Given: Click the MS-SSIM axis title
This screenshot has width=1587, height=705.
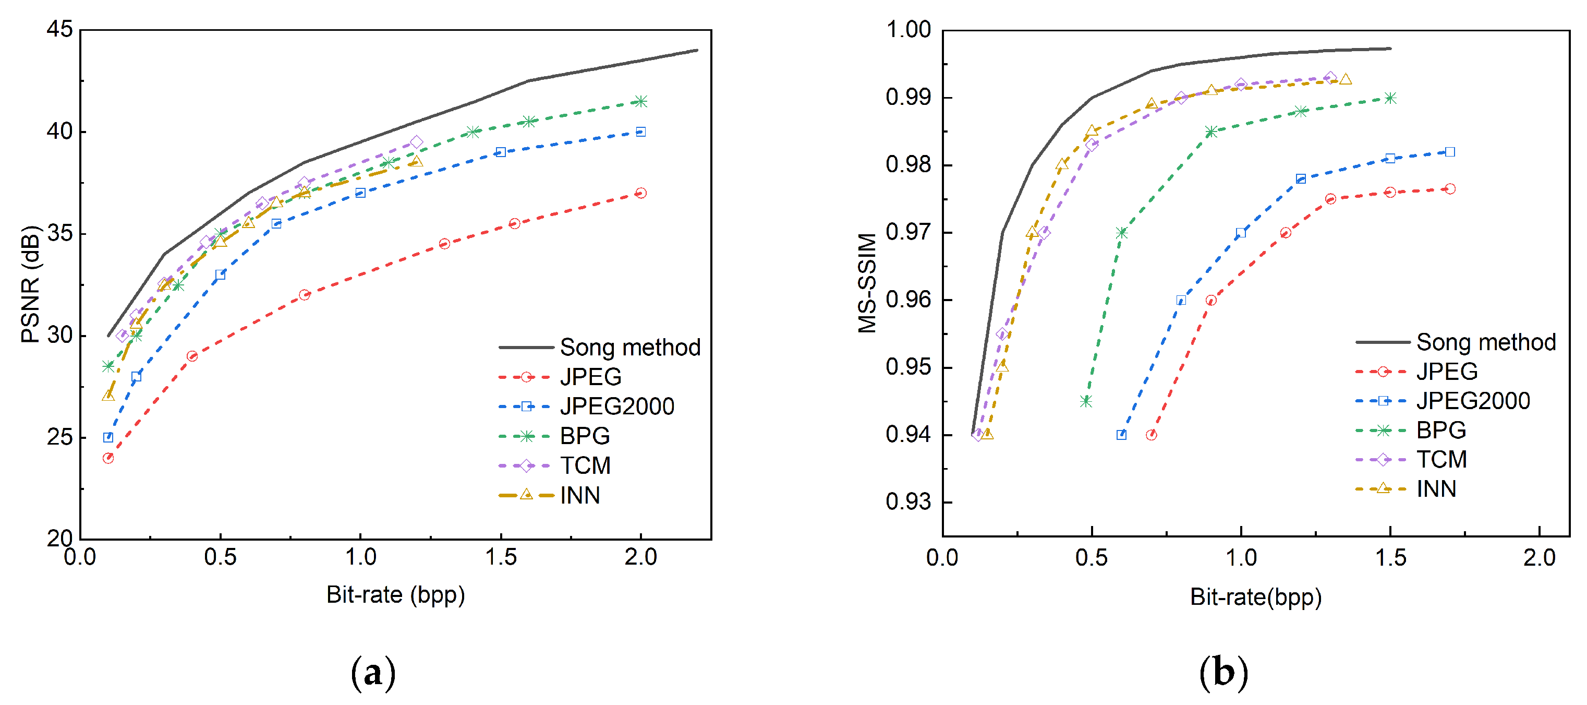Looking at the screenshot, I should [x=867, y=283].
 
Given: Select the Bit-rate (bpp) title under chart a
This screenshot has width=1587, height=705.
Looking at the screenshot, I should [x=395, y=595].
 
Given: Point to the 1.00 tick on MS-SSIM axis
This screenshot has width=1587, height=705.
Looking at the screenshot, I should [x=908, y=29].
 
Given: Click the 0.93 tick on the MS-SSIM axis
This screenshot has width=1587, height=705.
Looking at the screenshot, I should [x=908, y=502].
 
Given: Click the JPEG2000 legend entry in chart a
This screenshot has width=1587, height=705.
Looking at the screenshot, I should [x=616, y=406].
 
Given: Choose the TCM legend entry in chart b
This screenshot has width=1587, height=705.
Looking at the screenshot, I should [x=1441, y=459].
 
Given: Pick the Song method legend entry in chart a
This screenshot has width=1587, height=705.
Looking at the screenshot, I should [x=629, y=348].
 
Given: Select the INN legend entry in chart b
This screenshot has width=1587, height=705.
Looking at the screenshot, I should [x=1435, y=488].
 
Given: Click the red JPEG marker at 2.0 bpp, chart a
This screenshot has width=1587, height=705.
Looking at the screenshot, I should [x=641, y=193].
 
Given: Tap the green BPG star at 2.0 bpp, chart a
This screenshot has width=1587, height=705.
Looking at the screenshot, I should [x=641, y=101].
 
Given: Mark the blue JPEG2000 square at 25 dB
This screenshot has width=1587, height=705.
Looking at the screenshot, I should [x=108, y=437].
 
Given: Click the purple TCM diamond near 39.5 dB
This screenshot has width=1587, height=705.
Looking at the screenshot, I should [x=417, y=142].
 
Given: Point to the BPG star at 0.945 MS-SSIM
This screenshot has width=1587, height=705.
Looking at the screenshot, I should [x=1086, y=401].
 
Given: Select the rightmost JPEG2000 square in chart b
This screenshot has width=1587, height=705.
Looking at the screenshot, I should [x=1450, y=152].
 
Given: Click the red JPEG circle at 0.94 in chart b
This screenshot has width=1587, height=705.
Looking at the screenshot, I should [x=1152, y=435].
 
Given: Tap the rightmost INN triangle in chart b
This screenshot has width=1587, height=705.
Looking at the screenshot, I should [x=1346, y=79].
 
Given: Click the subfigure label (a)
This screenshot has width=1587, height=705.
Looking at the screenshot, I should [x=373, y=672].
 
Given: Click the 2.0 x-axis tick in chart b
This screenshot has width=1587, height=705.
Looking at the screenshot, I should [x=1540, y=558].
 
